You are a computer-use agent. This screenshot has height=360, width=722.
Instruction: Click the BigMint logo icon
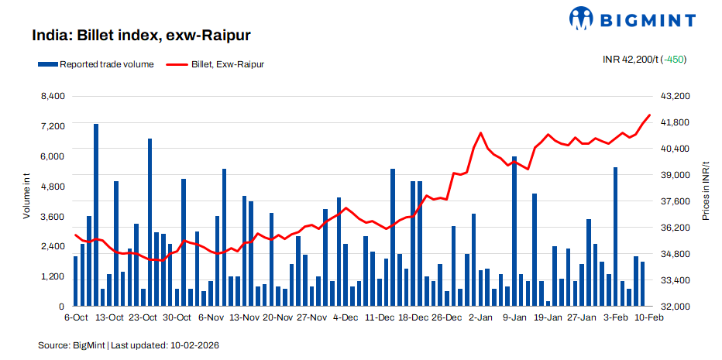[583, 18]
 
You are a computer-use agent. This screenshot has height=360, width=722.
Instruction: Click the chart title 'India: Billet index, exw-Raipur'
[141, 36]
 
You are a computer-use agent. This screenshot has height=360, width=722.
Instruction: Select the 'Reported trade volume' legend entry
[100, 64]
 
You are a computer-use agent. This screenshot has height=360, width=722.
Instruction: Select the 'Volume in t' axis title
[26, 197]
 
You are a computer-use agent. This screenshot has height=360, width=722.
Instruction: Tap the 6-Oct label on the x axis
[76, 317]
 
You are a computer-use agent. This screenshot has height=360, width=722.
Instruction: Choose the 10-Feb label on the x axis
[649, 317]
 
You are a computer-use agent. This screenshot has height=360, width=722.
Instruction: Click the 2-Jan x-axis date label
[480, 317]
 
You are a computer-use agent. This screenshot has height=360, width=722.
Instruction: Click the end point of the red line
[649, 115]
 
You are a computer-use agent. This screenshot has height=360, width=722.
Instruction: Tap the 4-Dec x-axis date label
[345, 317]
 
